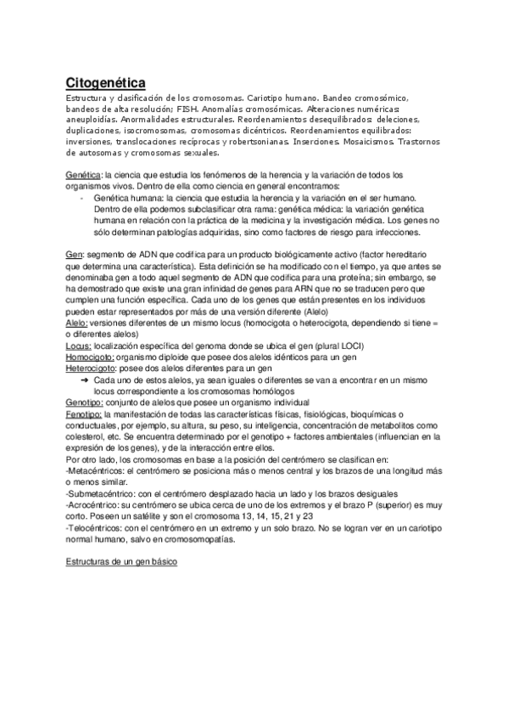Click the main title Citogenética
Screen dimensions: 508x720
(x=106, y=82)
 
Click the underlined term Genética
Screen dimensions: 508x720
(x=83, y=174)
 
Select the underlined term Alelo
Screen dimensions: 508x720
(x=78, y=323)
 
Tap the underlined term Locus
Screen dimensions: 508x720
(x=80, y=335)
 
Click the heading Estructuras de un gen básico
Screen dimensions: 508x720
(x=121, y=562)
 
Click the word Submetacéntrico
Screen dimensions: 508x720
(x=102, y=492)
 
